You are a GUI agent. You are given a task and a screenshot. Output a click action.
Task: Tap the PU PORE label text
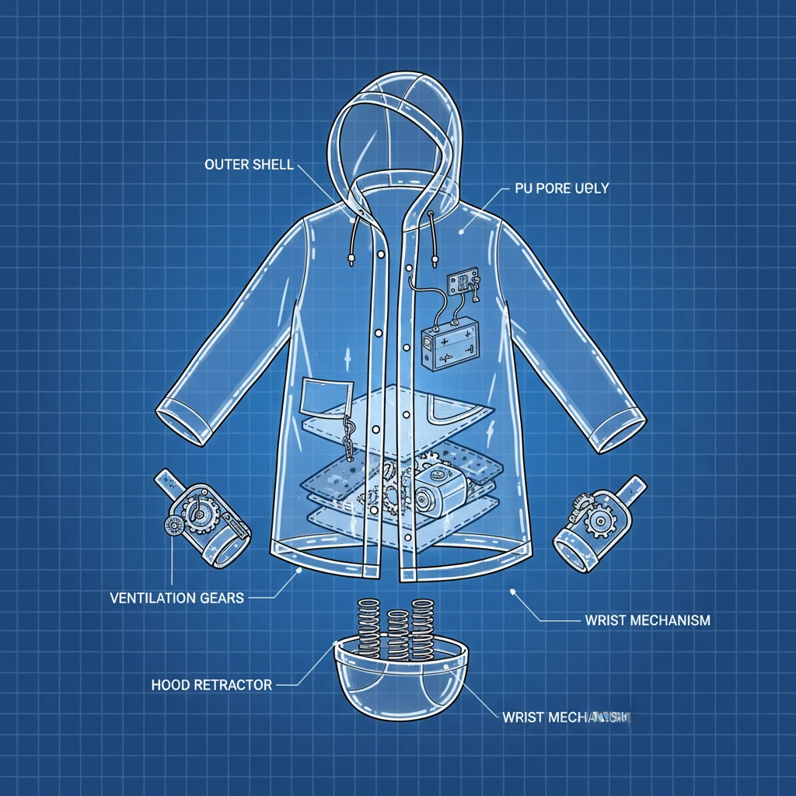[561, 189]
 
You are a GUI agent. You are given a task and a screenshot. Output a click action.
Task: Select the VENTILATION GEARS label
[177, 598]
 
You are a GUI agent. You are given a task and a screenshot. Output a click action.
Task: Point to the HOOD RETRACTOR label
[211, 685]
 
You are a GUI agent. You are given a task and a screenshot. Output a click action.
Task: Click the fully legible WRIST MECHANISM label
[647, 620]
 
